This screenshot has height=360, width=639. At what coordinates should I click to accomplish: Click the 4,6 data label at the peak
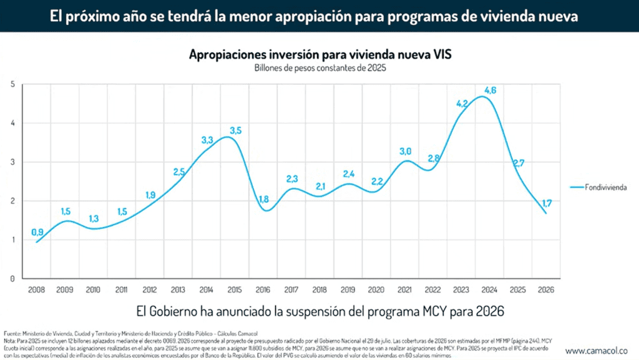(x=490, y=90)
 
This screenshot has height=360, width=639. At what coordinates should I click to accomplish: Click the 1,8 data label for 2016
(x=264, y=199)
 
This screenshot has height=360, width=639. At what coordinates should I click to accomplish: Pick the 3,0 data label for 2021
(x=406, y=151)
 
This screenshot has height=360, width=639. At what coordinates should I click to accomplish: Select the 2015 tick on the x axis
(x=235, y=289)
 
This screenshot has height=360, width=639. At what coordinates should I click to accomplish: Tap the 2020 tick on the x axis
(x=377, y=289)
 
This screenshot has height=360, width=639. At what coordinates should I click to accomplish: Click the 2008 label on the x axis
(x=37, y=289)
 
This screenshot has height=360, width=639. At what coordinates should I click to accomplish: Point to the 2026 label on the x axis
(x=547, y=289)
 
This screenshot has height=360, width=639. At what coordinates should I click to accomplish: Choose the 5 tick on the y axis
(x=12, y=84)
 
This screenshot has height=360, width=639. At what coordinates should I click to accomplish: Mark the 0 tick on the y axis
(x=12, y=278)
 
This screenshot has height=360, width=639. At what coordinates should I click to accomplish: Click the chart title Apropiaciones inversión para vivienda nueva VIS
(x=320, y=54)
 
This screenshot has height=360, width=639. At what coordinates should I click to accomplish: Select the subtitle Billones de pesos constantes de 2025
(x=320, y=67)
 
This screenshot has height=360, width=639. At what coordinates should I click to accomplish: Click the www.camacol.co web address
(x=597, y=351)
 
